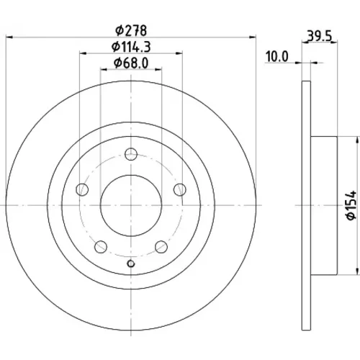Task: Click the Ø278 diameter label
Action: coord(131,31)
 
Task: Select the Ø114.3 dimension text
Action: coord(131,47)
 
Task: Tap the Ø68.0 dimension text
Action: coord(131,63)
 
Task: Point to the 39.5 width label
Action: coord(320,37)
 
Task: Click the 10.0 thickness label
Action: coord(276,57)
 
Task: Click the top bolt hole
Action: coord(131,154)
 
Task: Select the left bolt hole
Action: coord(82,189)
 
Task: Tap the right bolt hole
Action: coord(180,189)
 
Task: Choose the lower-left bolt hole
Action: coord(101,247)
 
